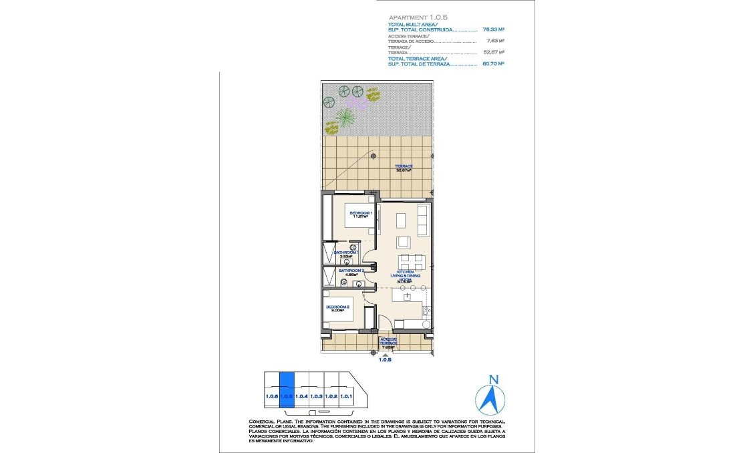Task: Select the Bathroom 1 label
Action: coord(347,254)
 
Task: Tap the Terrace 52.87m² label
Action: coord(403,168)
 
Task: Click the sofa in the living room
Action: coord(423,219)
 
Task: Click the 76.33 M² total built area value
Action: coord(493,30)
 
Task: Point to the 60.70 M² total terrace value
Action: coord(493,64)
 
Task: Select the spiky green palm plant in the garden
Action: coord(345,118)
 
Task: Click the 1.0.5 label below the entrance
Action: coord(385,359)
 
